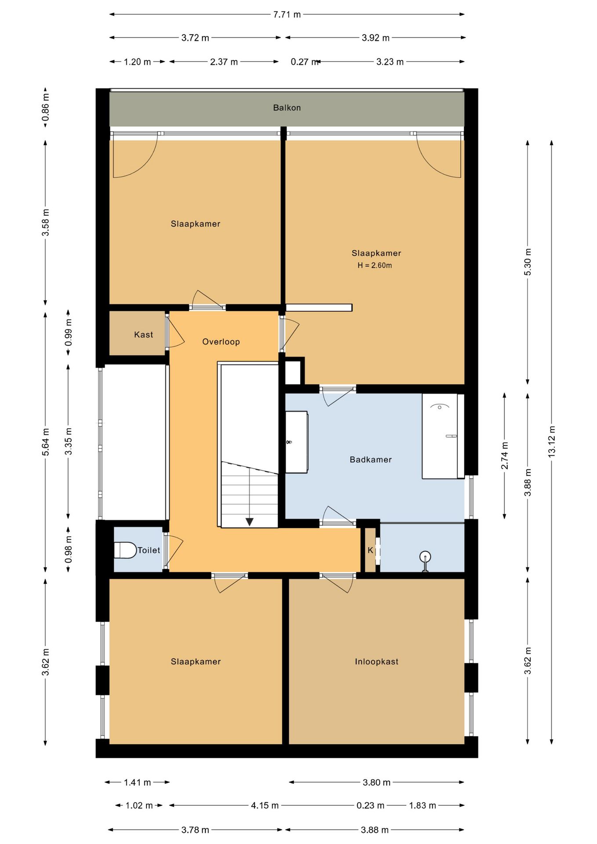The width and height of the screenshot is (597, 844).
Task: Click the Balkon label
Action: click(x=287, y=108)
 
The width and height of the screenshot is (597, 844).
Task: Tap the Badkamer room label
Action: click(x=371, y=460)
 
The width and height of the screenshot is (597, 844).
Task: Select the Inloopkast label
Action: click(x=377, y=662)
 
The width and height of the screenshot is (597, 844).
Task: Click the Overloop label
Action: click(x=221, y=342)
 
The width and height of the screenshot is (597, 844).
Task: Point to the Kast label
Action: click(x=144, y=335)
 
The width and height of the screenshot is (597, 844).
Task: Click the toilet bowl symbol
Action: click(x=125, y=550)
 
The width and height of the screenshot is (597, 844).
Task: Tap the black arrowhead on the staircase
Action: click(x=249, y=522)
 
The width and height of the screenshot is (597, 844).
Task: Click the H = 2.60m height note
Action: click(x=375, y=266)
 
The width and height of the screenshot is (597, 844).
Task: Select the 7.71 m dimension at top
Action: click(x=287, y=15)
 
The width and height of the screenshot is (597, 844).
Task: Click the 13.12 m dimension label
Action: click(x=552, y=442)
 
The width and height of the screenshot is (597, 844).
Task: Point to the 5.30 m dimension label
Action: click(x=528, y=262)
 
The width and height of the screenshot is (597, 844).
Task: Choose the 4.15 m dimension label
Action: click(x=265, y=805)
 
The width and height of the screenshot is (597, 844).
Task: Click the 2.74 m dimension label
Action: click(x=505, y=455)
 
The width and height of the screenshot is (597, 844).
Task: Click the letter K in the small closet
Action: click(x=370, y=550)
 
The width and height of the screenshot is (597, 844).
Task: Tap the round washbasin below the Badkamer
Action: click(x=425, y=557)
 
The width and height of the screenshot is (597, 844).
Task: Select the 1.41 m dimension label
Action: click(x=137, y=782)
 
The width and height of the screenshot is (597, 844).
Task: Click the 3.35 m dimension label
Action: click(x=68, y=441)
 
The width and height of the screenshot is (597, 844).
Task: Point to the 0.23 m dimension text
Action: click(x=370, y=805)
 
